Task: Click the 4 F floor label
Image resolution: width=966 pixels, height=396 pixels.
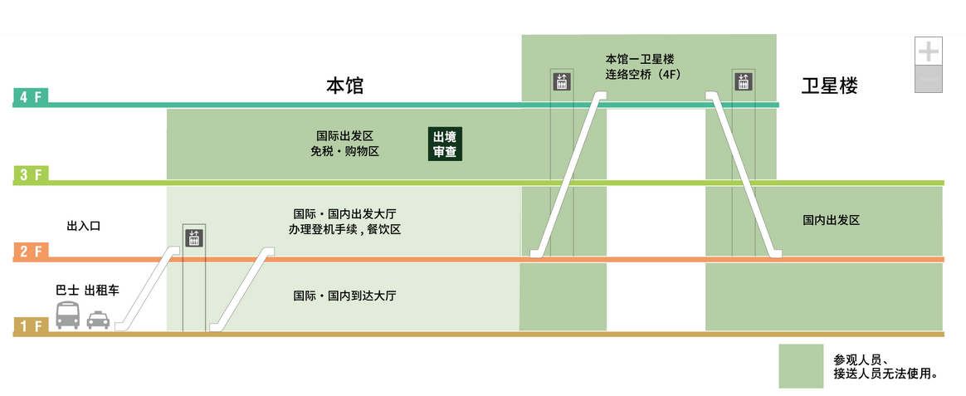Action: pyautogui.click(x=31, y=97)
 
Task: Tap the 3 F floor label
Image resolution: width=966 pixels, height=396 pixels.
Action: pyautogui.click(x=31, y=174)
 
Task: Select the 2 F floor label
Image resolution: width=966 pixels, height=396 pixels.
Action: pyautogui.click(x=31, y=252)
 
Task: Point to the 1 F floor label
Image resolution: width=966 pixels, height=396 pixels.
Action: pyautogui.click(x=31, y=326)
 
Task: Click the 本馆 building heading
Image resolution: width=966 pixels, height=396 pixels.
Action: pyautogui.click(x=344, y=86)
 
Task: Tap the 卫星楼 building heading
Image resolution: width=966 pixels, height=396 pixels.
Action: pyautogui.click(x=829, y=86)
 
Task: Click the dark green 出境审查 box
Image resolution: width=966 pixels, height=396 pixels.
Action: pyautogui.click(x=445, y=144)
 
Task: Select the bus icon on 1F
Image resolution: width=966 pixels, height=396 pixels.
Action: pyautogui.click(x=68, y=315)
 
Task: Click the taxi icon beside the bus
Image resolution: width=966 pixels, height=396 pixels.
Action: pyautogui.click(x=98, y=319)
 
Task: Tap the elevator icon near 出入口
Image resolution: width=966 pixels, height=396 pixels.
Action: pyautogui.click(x=193, y=238)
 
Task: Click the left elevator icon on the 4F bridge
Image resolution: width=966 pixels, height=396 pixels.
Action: pyautogui.click(x=562, y=82)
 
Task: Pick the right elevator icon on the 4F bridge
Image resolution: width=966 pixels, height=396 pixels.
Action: pyautogui.click(x=743, y=82)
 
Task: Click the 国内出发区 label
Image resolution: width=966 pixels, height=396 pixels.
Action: pyautogui.click(x=830, y=220)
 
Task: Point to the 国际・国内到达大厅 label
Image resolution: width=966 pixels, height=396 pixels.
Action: pyautogui.click(x=344, y=296)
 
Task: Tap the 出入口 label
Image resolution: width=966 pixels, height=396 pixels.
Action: pyautogui.click(x=83, y=225)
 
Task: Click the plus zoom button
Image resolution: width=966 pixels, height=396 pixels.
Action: pyautogui.click(x=928, y=51)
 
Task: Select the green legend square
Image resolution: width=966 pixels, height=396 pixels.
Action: pyautogui.click(x=801, y=366)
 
